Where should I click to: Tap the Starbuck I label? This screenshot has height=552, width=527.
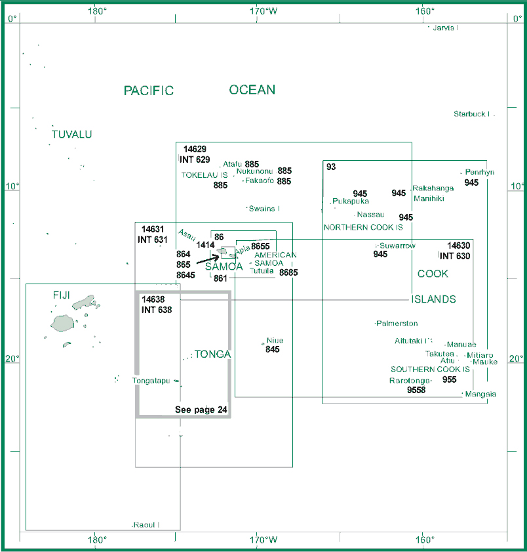point(471,114)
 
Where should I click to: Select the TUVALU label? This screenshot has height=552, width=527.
point(71,135)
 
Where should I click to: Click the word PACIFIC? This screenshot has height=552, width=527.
point(149,91)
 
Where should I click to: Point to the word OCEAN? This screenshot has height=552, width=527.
point(252,90)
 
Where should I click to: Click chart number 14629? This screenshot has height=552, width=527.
point(195,149)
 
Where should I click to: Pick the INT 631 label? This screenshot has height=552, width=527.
point(153,240)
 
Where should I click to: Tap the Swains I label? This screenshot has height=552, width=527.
point(264,209)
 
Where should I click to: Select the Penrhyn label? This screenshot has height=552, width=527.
point(480,172)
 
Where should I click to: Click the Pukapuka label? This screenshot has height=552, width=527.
point(351,202)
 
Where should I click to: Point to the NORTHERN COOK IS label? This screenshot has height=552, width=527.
point(363,227)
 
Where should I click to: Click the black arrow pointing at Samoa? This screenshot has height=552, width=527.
point(207,259)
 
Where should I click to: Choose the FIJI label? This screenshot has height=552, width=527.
point(62,295)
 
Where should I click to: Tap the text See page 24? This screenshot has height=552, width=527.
point(201,410)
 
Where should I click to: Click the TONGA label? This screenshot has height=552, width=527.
point(212,354)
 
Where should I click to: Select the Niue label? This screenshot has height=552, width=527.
point(275,341)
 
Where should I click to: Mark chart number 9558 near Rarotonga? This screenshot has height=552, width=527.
point(416,390)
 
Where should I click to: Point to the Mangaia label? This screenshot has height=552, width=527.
point(480,394)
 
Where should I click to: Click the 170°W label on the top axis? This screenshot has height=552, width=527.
point(263,11)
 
